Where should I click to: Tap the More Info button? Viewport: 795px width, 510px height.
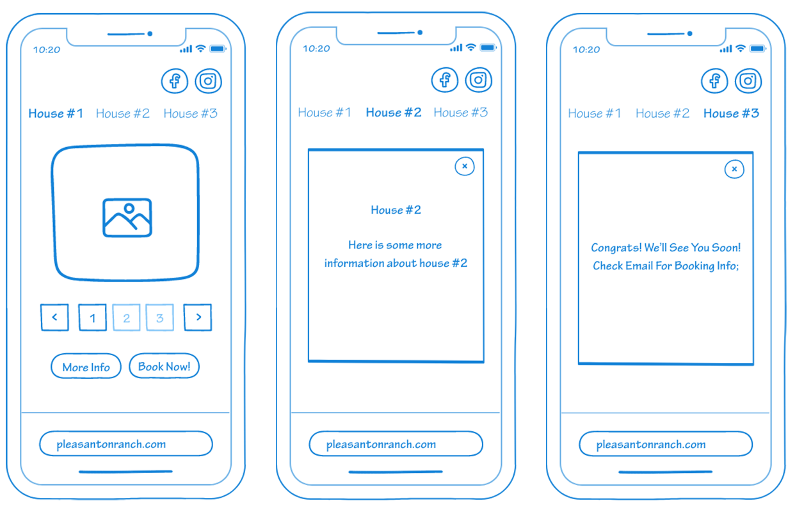coord(86,366)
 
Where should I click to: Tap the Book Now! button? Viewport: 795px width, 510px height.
coord(164,365)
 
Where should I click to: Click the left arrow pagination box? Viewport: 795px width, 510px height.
coord(54,317)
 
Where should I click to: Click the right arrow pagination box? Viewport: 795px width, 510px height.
coord(198,317)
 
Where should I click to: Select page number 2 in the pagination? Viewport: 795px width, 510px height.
coord(126,317)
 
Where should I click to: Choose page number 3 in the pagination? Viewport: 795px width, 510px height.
coord(160,317)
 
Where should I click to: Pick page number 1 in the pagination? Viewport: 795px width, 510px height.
coord(93,317)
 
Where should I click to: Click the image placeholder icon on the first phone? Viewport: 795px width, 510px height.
coord(127,218)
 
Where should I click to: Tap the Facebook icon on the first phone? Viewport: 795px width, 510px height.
coord(175,81)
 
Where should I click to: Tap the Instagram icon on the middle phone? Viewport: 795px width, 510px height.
coord(478,80)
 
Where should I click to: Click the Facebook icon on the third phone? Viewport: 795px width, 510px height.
coord(714,81)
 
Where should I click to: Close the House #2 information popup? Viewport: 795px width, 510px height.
coord(465,166)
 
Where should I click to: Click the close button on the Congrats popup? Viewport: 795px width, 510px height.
coord(734,169)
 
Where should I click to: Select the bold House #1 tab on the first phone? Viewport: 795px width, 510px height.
coord(56,113)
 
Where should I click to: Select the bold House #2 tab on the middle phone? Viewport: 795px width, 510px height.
coord(394,112)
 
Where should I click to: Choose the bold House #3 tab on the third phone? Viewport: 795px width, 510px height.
coord(731,113)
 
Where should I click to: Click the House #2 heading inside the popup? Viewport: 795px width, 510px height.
coord(396,210)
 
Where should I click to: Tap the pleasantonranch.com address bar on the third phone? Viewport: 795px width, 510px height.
coord(666,443)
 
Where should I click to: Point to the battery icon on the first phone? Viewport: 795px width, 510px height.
coord(218,49)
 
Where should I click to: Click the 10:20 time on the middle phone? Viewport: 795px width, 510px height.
coord(316,48)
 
